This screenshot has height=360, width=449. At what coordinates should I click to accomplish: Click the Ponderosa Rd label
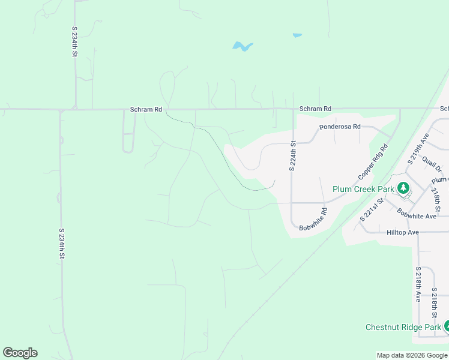(x=340, y=127)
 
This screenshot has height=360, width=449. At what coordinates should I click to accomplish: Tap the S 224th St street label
(x=293, y=156)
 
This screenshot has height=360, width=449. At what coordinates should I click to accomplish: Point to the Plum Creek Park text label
(x=364, y=189)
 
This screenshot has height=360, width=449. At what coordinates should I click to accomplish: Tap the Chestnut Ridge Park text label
(x=403, y=327)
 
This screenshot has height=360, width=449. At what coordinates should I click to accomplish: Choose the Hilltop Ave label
(x=403, y=232)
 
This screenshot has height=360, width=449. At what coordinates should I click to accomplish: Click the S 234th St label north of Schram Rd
(x=74, y=41)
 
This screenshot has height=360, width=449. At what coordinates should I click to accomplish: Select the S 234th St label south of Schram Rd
(x=61, y=243)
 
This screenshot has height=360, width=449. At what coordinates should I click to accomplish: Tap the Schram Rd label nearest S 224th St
(x=315, y=109)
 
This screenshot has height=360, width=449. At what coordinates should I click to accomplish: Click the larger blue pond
(x=242, y=46)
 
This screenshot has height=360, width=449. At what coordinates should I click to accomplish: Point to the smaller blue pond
(x=297, y=35)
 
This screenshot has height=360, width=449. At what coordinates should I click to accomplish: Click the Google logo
(x=20, y=353)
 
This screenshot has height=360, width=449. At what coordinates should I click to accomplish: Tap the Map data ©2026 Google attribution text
(x=412, y=355)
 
